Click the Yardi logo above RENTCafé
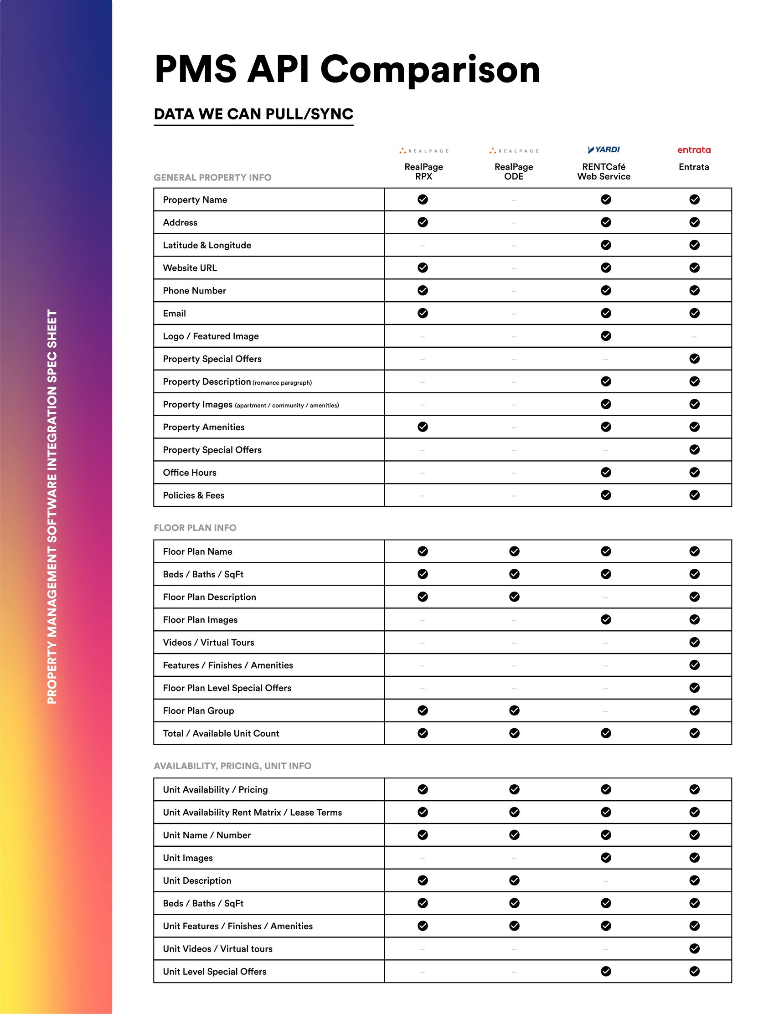pyautogui.click(x=604, y=149)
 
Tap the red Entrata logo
pyautogui.click(x=694, y=150)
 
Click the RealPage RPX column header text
pyautogui.click(x=423, y=171)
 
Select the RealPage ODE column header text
pyautogui.click(x=514, y=171)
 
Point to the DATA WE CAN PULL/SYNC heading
pyautogui.click(x=253, y=114)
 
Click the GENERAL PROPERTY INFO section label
pyautogui.click(x=212, y=177)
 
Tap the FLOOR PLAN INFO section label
pyautogui.click(x=195, y=527)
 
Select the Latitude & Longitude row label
pyautogui.click(x=206, y=245)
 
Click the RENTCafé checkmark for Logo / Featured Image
pyautogui.click(x=606, y=336)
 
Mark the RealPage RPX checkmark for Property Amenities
pyautogui.click(x=423, y=427)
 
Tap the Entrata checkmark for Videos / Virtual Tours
pyautogui.click(x=694, y=642)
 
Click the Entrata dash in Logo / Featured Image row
pyautogui.click(x=694, y=337)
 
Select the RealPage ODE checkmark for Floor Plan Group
pyautogui.click(x=514, y=710)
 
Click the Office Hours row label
pyautogui.click(x=190, y=473)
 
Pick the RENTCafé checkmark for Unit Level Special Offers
pyautogui.click(x=606, y=971)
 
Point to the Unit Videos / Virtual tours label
pyautogui.click(x=217, y=948)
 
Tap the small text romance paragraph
pyautogui.click(x=283, y=382)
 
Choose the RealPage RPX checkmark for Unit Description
pyautogui.click(x=423, y=880)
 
